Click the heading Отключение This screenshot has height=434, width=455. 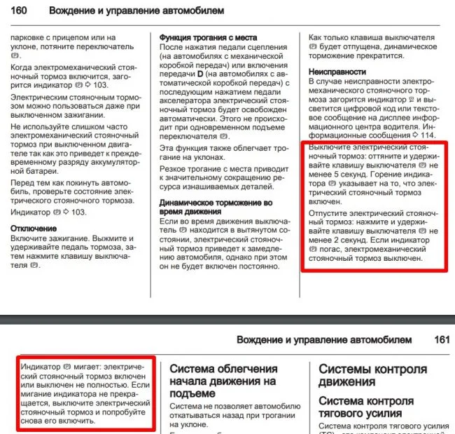point(34,229)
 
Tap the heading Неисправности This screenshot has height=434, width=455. point(337,72)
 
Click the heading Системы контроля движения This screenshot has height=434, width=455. point(372,375)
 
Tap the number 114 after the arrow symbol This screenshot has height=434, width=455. point(426,135)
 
